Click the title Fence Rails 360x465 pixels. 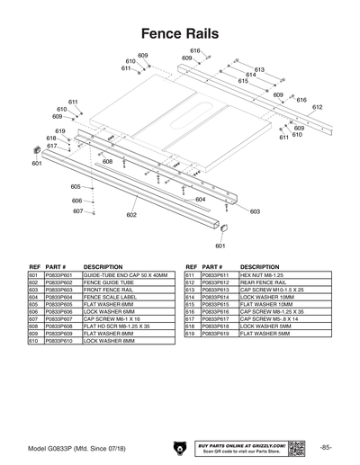180,32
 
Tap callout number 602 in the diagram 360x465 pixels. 131,215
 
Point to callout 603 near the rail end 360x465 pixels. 255,211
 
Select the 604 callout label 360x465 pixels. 200,199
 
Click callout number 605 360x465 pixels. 76,186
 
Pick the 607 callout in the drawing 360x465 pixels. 78,211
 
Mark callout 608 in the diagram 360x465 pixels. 107,162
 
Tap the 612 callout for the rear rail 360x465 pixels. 317,107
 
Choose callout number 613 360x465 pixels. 259,69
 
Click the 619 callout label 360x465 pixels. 60,131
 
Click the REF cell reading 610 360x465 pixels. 33,340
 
